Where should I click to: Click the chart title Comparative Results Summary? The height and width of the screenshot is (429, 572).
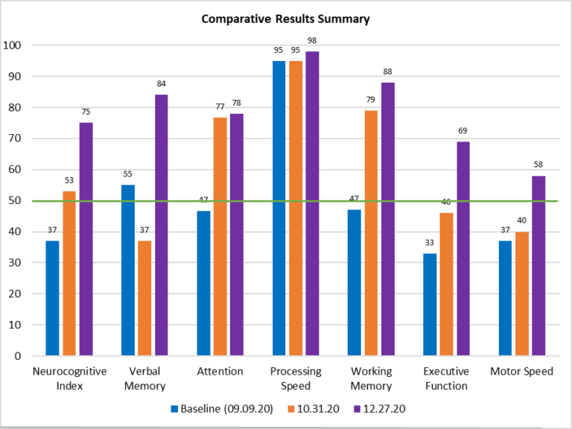(285, 19)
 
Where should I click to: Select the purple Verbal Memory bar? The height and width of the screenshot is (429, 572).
(162, 225)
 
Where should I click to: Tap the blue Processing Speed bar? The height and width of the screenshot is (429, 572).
(279, 208)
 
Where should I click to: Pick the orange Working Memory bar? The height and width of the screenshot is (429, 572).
(371, 232)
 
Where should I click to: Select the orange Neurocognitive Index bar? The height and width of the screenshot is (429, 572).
(69, 273)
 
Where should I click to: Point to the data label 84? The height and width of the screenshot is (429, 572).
(162, 83)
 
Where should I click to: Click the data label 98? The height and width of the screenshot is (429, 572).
(313, 40)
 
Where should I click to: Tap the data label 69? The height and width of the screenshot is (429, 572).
(463, 130)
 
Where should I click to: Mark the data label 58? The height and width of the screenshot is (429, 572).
(538, 165)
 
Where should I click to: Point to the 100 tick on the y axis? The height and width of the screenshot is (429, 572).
(14, 45)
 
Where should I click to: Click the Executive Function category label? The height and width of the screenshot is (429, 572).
(445, 378)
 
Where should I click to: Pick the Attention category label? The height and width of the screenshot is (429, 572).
(220, 372)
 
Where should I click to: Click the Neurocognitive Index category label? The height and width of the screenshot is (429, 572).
(69, 378)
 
